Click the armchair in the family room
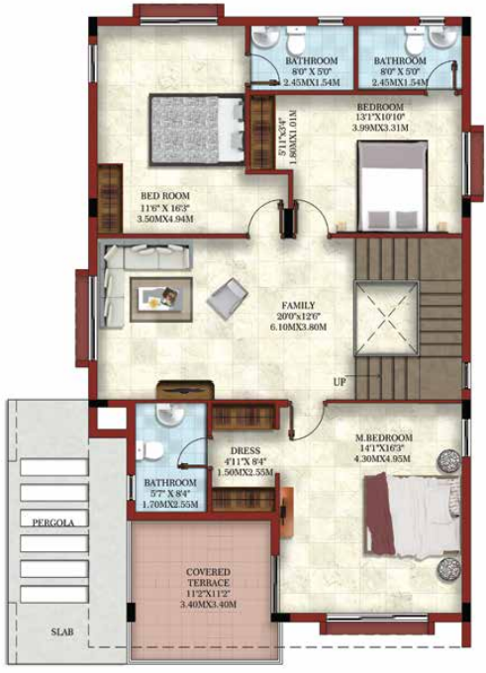(227, 296)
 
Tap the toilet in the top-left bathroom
(295, 41)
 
